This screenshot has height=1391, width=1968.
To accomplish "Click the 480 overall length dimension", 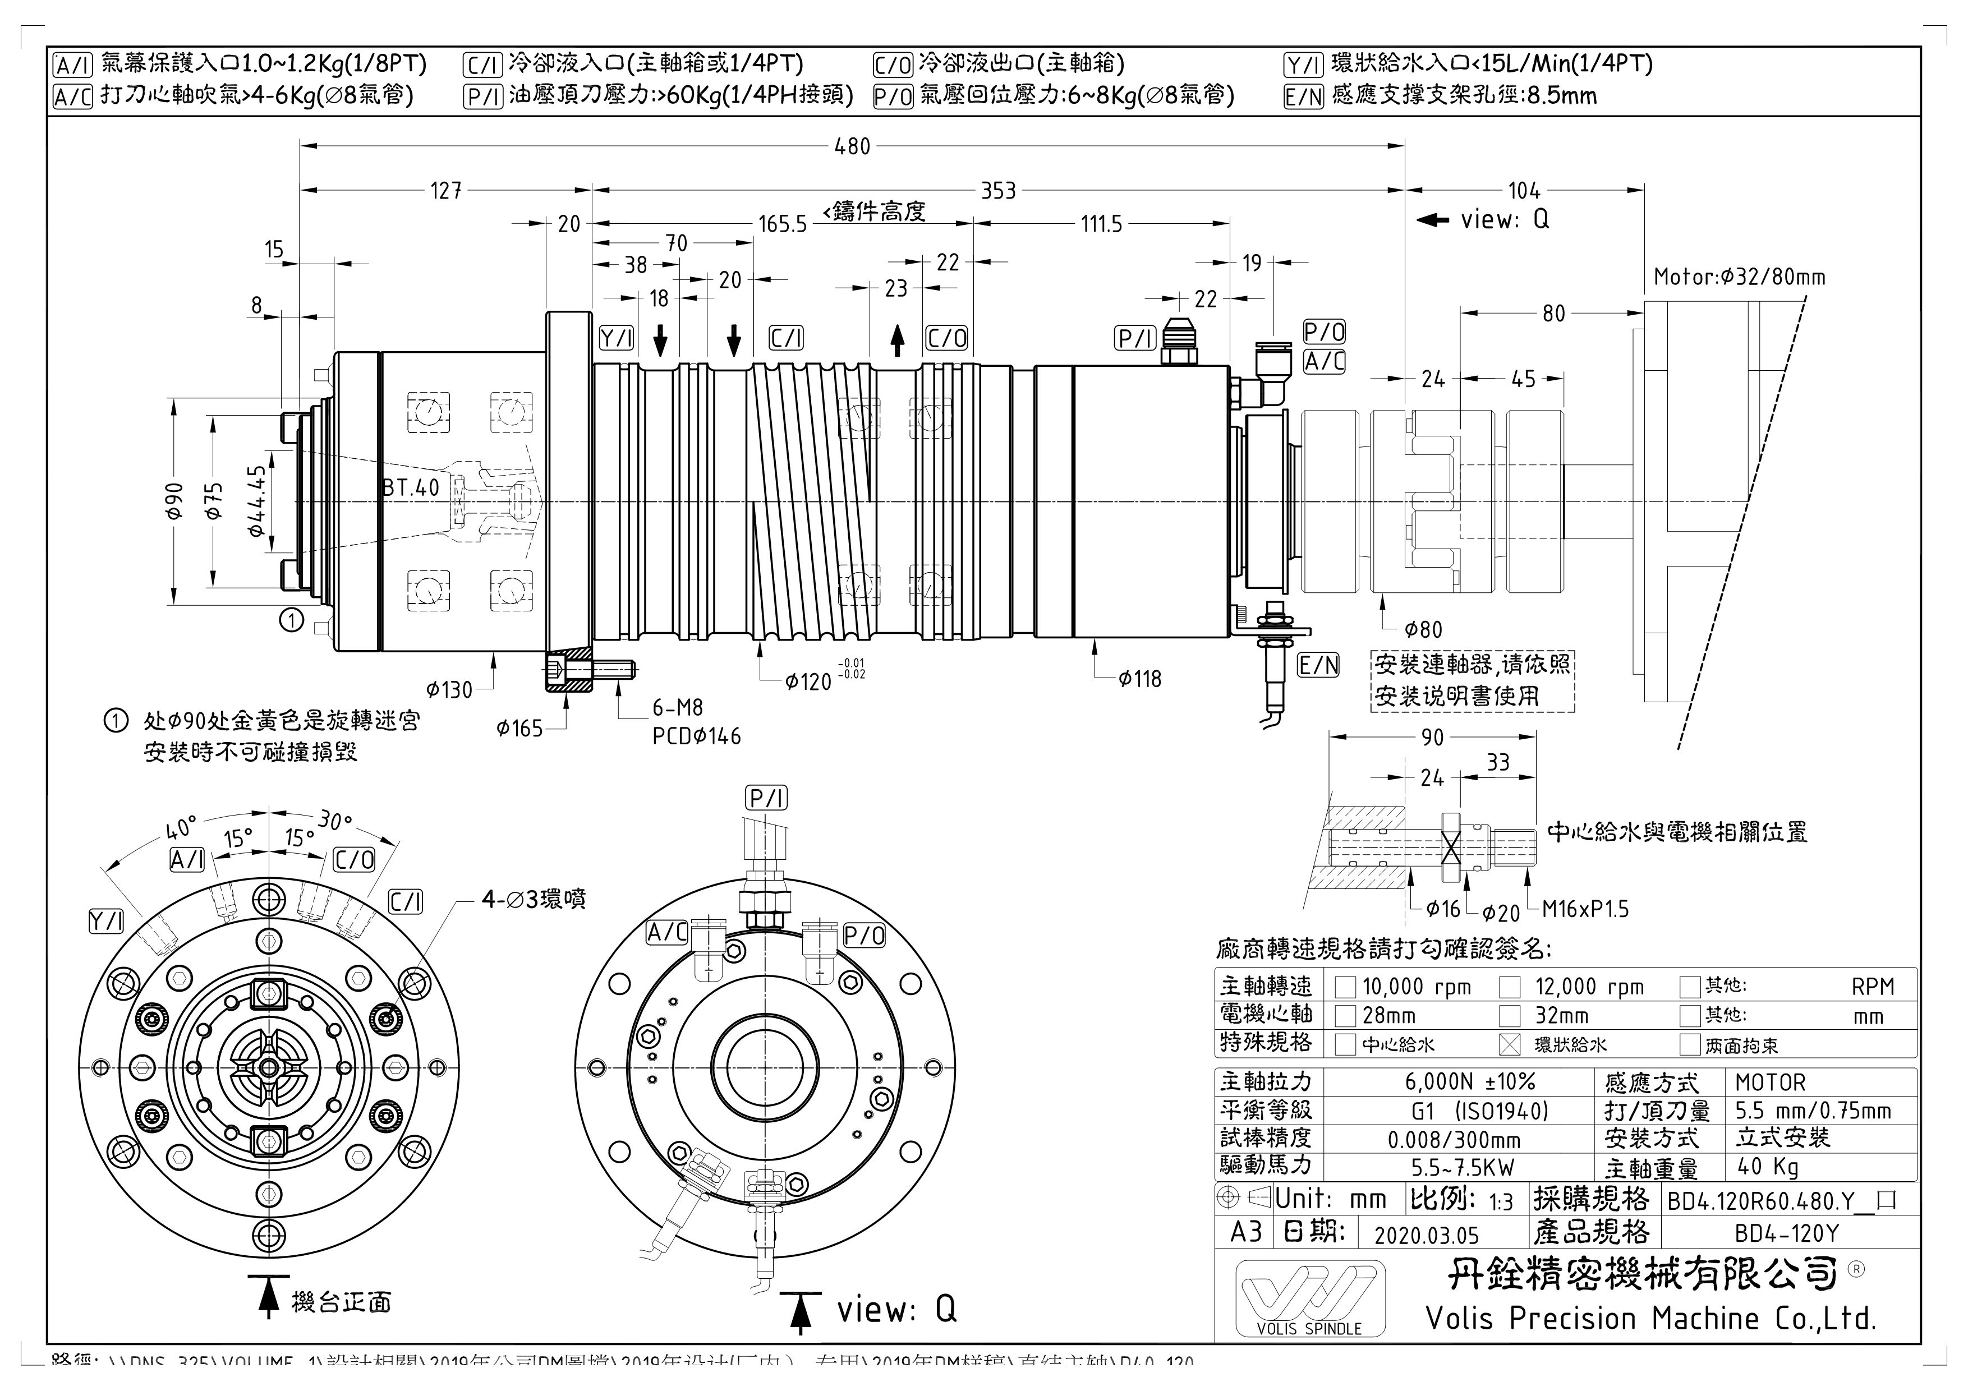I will [x=852, y=146].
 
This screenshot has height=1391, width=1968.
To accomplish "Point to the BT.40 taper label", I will [x=411, y=487].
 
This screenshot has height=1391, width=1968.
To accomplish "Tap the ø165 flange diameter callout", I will [x=519, y=729].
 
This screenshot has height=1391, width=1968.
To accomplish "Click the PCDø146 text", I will [x=696, y=736].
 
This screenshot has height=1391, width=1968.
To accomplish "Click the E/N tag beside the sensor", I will [x=1318, y=665].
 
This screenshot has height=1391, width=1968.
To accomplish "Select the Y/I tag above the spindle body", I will [x=617, y=339].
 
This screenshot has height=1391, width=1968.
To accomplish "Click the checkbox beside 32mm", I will [x=1510, y=1016].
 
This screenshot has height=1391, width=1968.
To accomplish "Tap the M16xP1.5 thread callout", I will [x=1585, y=909].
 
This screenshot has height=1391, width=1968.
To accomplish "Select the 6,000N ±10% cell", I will [x=1457, y=1083].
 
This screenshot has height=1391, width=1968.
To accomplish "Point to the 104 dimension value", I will [x=1524, y=190].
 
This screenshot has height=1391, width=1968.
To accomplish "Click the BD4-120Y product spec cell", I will [x=1787, y=1233].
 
